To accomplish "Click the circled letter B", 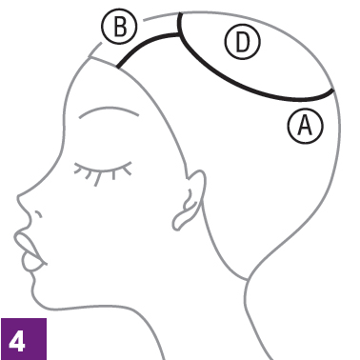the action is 119,27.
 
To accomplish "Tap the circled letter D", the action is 243,42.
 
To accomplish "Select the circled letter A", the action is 306,125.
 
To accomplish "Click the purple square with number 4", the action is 24,339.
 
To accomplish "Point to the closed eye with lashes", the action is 103,171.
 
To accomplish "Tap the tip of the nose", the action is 18,197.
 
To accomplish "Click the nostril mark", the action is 38,214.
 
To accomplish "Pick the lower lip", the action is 31,263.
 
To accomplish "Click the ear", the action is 190,198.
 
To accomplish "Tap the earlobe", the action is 180,221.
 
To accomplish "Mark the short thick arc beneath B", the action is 145,44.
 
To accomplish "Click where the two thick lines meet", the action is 180,34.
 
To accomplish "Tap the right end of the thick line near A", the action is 333,91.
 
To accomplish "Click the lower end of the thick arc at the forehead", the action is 118,67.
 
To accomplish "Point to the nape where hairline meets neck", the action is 248,280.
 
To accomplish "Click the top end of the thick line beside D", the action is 180,13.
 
